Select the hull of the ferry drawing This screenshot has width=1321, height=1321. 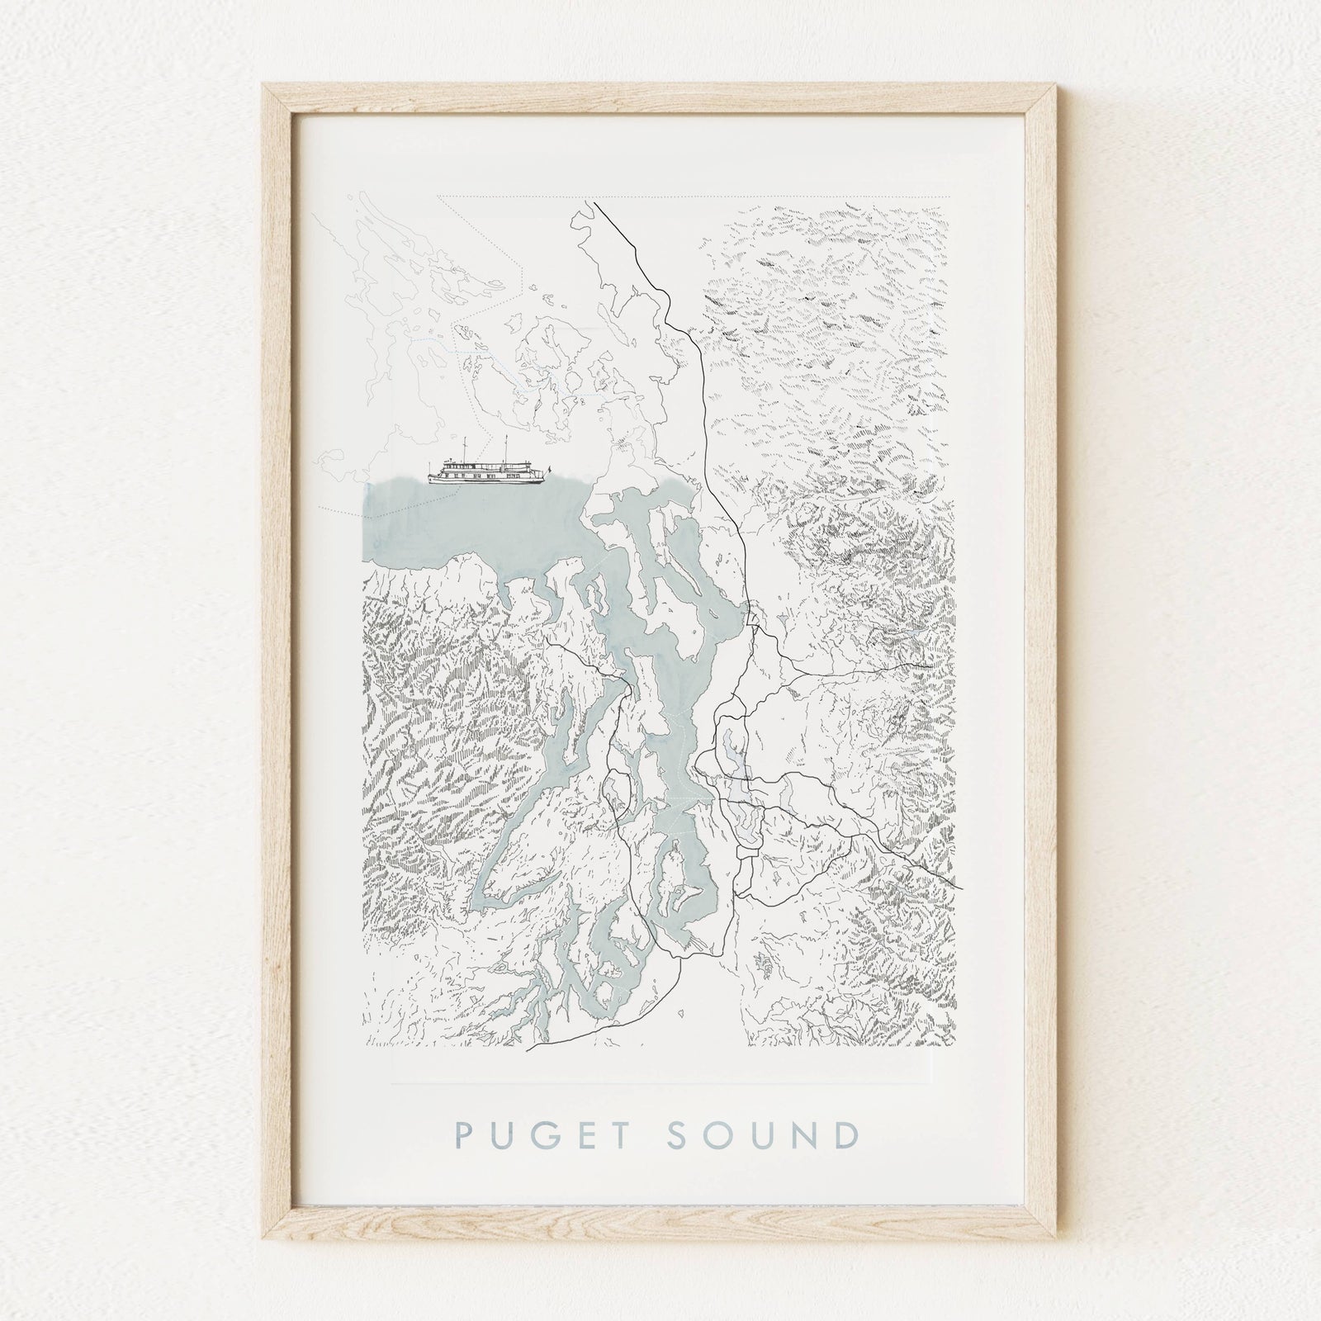(487, 480)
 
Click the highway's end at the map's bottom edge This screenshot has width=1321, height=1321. (528, 1049)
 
